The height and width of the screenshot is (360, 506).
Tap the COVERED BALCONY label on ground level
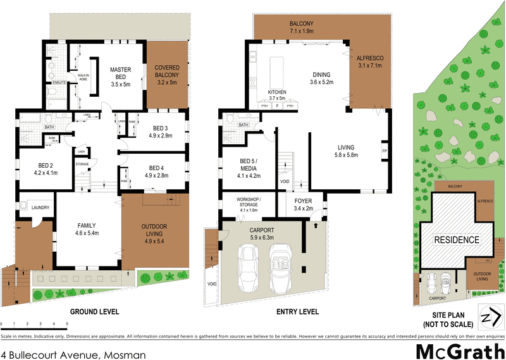pyautogui.click(x=168, y=75)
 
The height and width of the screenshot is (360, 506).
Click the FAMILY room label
pyautogui.click(x=87, y=225)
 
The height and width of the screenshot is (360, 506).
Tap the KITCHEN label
pyautogui.click(x=277, y=92)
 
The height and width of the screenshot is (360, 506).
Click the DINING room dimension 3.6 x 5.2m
pyautogui.click(x=323, y=82)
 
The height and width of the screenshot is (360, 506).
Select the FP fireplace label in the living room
pyautogui.click(x=384, y=152)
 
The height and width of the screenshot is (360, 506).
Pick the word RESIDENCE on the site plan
pyautogui.click(x=456, y=240)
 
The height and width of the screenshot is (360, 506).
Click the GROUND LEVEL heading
pyautogui.click(x=94, y=312)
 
